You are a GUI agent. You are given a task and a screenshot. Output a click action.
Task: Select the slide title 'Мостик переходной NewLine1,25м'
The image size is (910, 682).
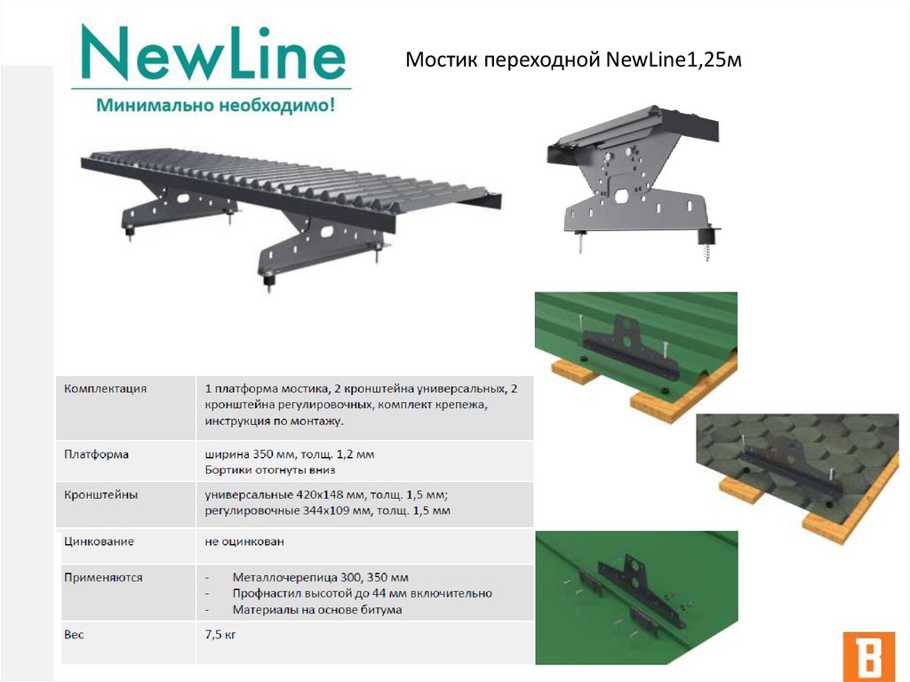[x=573, y=60]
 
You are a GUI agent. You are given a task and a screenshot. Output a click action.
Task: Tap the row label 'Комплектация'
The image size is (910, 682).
[x=106, y=389]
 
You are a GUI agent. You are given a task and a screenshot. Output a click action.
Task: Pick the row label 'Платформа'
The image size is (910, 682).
[x=97, y=453]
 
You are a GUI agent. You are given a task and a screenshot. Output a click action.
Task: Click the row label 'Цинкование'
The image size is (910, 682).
[x=100, y=541]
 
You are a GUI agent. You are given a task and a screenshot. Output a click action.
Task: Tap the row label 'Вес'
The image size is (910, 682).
[x=74, y=635]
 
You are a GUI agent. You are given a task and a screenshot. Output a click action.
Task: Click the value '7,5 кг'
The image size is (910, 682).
[x=220, y=635]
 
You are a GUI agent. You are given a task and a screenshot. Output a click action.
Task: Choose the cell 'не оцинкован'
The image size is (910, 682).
[x=244, y=541]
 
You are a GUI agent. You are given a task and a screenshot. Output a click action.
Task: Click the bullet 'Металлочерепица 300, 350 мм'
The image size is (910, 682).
[x=320, y=577]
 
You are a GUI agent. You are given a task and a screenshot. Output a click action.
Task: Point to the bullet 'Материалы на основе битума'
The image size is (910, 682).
[x=317, y=610]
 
